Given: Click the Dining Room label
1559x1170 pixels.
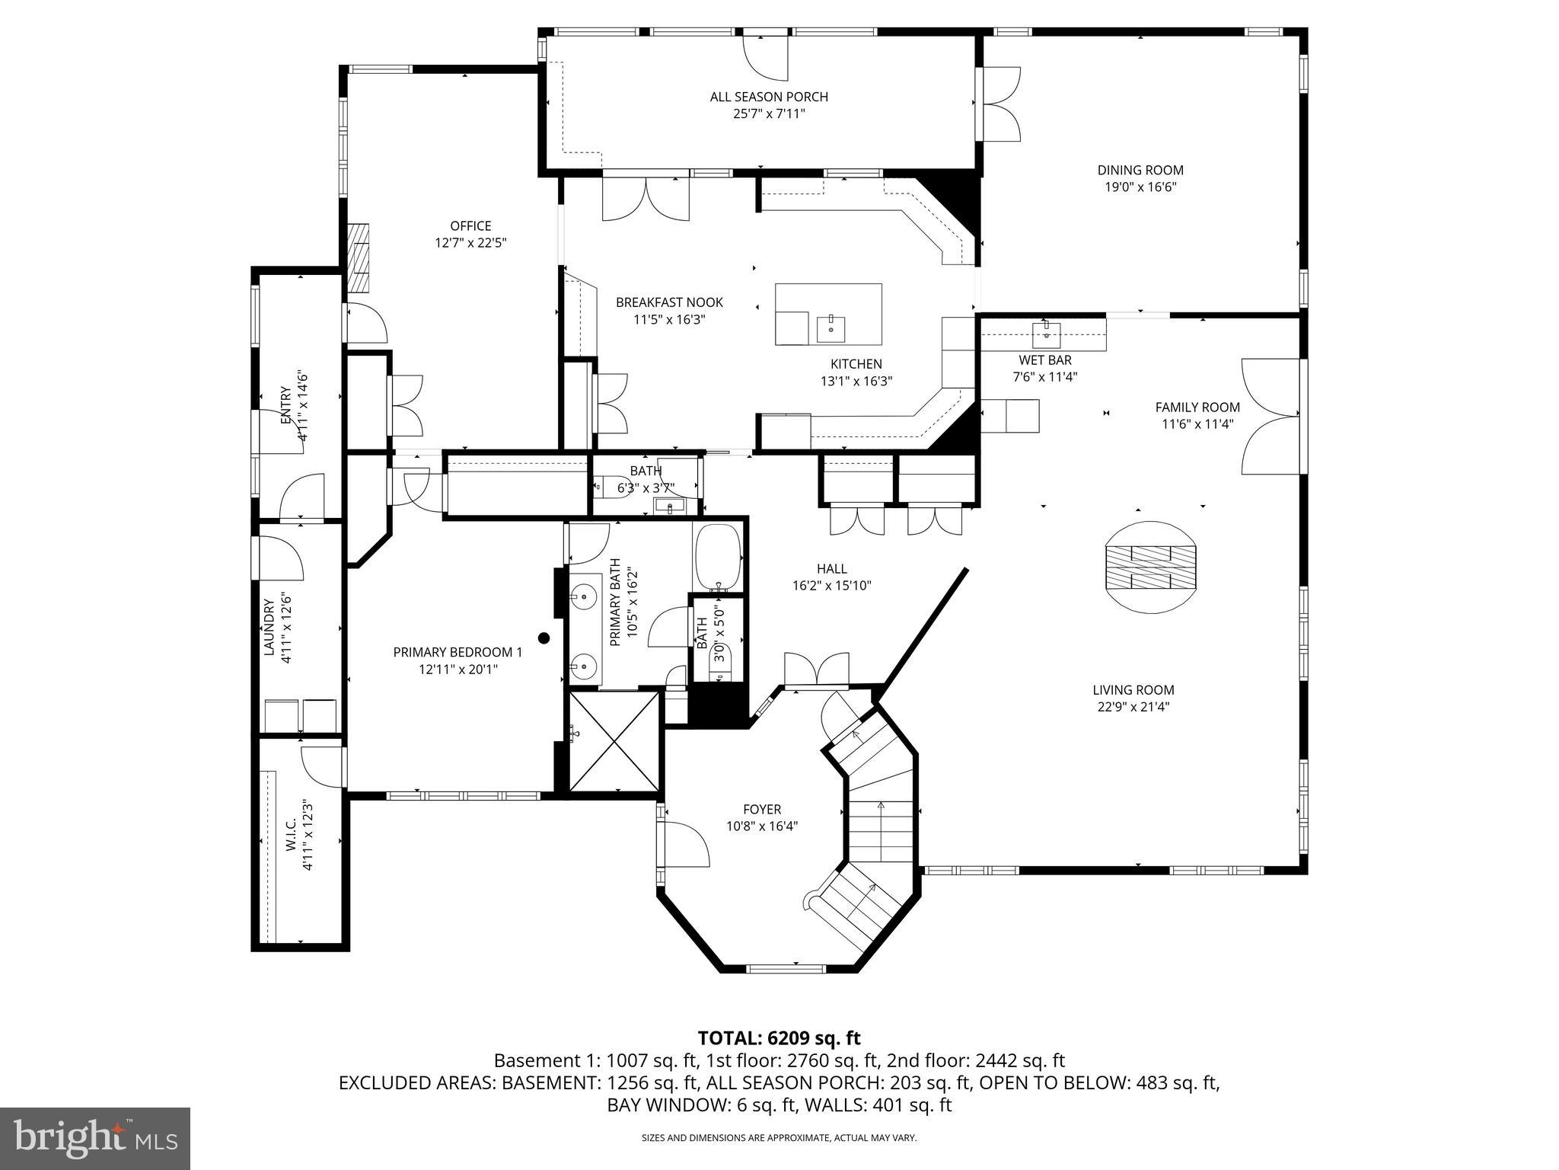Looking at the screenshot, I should point(1140,171).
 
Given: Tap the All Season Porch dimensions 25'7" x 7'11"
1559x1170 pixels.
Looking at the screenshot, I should point(768,114).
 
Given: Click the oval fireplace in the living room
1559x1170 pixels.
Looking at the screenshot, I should point(1150,567).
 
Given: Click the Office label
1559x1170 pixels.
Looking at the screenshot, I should point(470,226).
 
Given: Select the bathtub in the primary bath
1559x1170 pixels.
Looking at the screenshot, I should point(717,557).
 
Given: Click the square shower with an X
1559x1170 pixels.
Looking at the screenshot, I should point(614,740).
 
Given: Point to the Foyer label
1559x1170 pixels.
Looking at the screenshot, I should point(762,810).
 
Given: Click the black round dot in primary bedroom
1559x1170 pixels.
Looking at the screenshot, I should point(544,638).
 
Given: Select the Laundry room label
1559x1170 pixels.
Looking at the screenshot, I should point(269,627).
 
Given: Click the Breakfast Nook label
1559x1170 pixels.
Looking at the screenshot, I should point(669,302).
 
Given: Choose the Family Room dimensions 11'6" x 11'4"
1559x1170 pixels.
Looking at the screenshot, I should point(1197,424).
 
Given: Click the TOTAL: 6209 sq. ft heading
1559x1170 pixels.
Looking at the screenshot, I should point(779,1037).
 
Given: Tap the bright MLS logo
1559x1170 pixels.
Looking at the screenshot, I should point(95,1138).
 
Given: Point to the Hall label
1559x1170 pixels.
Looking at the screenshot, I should point(831,569).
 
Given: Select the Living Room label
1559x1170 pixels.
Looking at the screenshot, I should point(1133,690).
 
